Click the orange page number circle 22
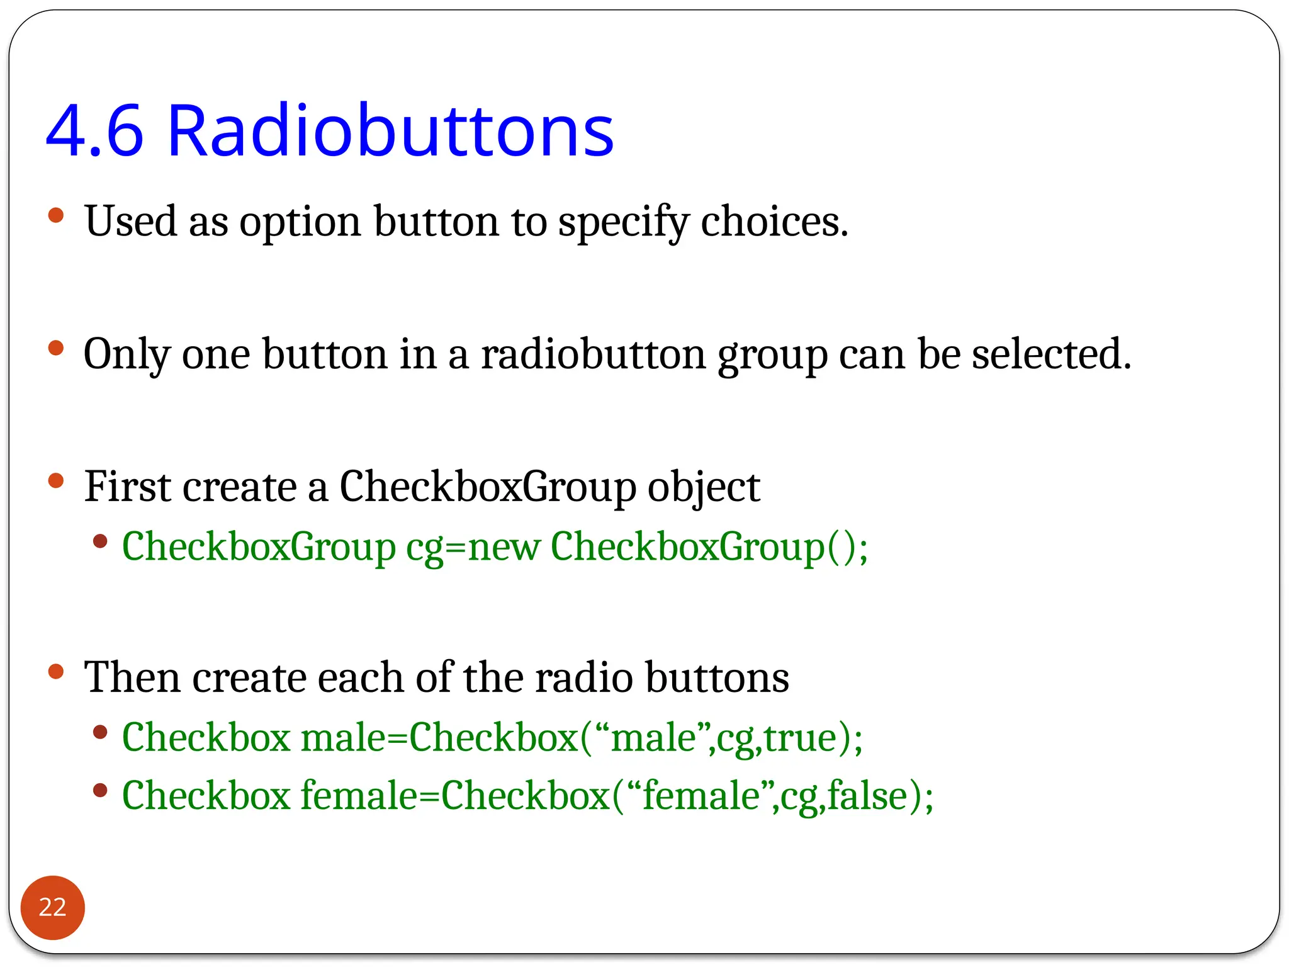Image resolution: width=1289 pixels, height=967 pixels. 52,907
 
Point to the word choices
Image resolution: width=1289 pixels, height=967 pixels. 774,222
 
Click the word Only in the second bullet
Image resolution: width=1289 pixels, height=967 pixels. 127,354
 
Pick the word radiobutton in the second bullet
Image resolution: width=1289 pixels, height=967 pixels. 593,354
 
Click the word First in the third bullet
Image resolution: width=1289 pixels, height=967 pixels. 127,487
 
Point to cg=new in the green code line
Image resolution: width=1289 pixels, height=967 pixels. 473,546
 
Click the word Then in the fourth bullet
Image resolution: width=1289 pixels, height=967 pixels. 132,677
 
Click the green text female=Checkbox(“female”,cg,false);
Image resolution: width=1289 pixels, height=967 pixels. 617,796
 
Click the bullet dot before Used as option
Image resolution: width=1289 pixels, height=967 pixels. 56,216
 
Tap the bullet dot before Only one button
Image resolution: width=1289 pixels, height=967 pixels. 56,348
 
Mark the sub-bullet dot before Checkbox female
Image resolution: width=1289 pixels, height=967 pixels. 100,790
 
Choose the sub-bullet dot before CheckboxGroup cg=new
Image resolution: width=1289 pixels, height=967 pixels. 100,541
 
